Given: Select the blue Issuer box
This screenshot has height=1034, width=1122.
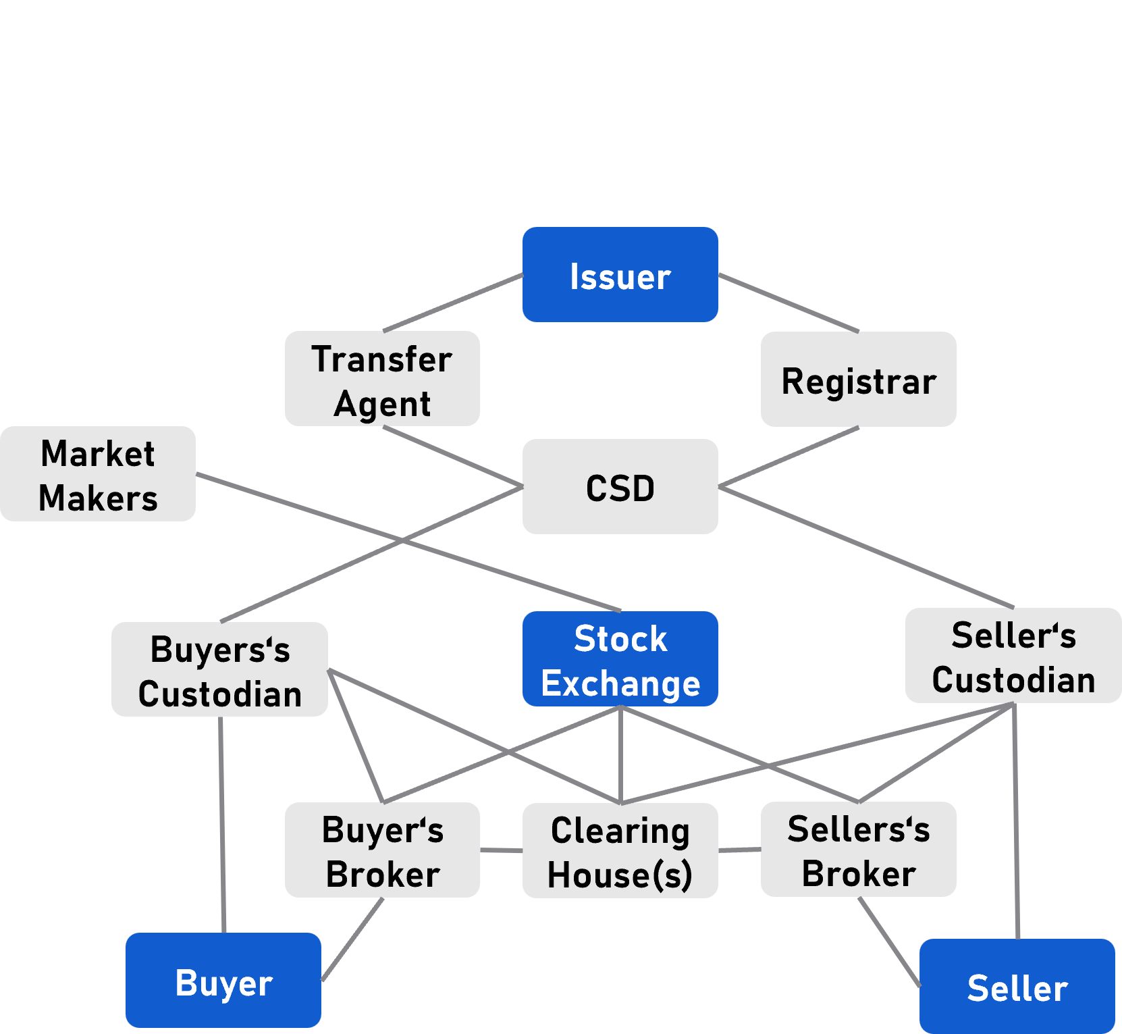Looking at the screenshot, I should tap(620, 275).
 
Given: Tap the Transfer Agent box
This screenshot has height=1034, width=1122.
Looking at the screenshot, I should tap(382, 379).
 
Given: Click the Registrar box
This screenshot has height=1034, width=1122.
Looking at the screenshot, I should tap(858, 380).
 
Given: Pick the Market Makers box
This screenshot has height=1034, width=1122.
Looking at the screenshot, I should tap(98, 474).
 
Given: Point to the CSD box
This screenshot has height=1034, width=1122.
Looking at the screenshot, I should tap(620, 487).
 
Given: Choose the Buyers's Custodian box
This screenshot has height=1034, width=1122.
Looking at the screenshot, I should tap(219, 669).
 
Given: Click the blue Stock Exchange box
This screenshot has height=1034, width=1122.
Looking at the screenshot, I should tap(620, 659).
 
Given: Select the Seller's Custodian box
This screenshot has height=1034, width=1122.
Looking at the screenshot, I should tap(1013, 656).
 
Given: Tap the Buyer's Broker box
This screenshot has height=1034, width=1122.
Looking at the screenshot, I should tap(382, 850).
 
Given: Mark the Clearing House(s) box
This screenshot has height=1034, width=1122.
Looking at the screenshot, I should tap(620, 851).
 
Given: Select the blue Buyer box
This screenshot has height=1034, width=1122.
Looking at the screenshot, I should tap(223, 981).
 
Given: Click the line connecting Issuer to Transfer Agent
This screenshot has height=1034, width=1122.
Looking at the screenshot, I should tap(453, 303).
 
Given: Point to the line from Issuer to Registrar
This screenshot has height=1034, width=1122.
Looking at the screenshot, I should tap(789, 303).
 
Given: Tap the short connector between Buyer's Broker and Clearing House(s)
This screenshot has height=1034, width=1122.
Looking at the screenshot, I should tap(501, 850).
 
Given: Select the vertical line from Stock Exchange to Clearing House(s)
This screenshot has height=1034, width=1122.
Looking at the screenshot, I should tap(620, 754).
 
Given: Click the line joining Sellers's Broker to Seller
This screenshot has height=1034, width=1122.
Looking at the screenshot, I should tap(889, 942).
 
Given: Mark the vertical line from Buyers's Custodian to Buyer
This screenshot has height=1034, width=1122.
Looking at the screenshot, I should tap(222, 824).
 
